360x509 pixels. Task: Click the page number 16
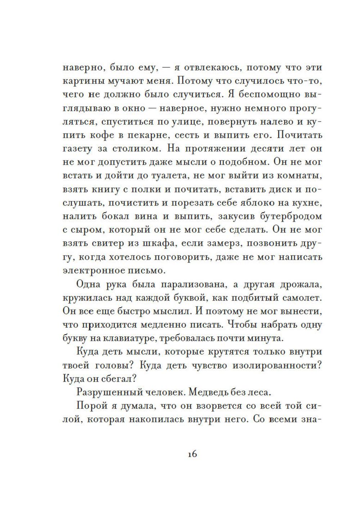(x=192, y=454)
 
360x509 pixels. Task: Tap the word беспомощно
(x=266, y=94)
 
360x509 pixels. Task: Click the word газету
(x=77, y=149)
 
